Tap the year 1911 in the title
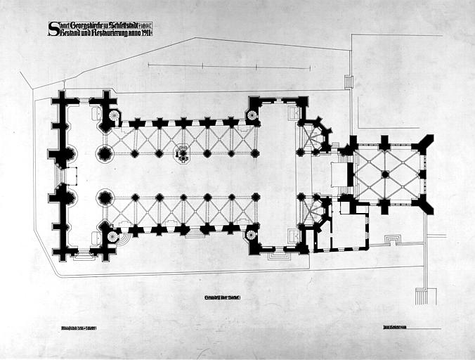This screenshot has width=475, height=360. (144, 32)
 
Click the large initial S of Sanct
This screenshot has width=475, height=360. (52, 28)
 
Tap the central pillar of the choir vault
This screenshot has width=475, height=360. (385, 174)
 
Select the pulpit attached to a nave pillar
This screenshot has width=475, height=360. (183, 154)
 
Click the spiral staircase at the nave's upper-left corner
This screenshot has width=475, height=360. (113, 115)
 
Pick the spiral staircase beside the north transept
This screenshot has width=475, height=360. (252, 115)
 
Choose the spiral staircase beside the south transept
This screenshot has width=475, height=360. (252, 235)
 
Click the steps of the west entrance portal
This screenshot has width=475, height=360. (59, 175)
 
